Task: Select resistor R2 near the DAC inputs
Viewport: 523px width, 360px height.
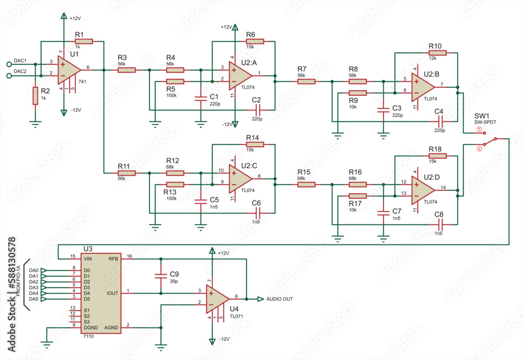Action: coord(36,96)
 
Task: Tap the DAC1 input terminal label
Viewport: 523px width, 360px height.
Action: coord(20,60)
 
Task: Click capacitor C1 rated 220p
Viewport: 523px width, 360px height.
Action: coord(200,98)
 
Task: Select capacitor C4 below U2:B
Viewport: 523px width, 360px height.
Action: coord(439,121)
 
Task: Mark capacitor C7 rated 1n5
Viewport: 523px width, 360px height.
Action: coord(384,211)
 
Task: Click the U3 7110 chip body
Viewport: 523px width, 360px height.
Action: coord(101,293)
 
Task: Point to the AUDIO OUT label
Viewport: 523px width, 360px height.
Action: coord(279,299)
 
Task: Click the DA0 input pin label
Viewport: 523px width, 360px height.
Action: coord(34,270)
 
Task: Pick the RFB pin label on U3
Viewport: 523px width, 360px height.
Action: coord(113,258)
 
